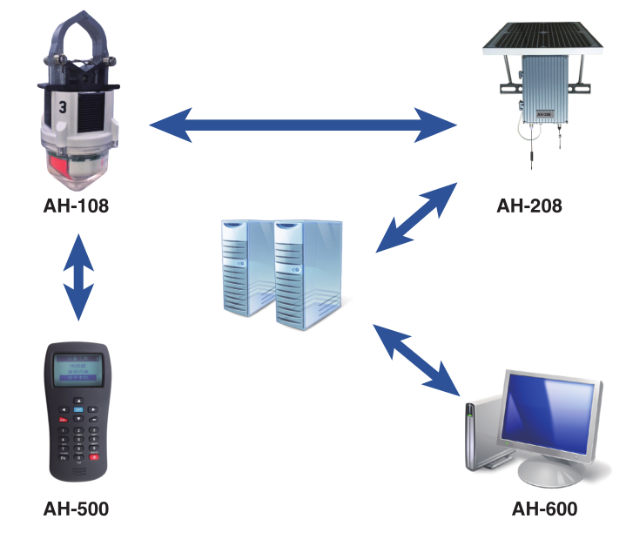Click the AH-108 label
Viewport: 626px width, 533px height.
point(78,207)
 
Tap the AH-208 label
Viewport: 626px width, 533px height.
point(529,206)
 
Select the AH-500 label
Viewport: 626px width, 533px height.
point(77,509)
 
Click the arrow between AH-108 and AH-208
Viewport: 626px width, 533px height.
point(303,126)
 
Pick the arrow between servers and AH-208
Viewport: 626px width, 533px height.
point(417,217)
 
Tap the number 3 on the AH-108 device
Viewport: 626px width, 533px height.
point(62,107)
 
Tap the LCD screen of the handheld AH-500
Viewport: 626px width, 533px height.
point(77,370)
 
